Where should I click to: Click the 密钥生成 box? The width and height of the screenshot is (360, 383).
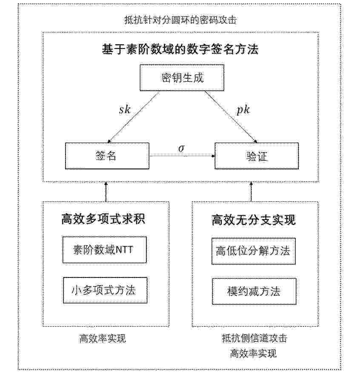coord(182,78)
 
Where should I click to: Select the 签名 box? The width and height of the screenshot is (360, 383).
coord(107,156)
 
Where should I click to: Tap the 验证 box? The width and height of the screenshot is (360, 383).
coord(257,156)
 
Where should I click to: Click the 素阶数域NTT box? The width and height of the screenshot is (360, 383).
coord(105,250)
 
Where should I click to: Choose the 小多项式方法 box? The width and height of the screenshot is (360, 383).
coord(105,290)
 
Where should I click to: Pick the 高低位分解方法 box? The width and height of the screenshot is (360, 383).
coord(254,251)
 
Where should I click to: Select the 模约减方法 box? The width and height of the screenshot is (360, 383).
coord(254,292)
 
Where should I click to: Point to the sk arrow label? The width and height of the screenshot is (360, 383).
coord(125,110)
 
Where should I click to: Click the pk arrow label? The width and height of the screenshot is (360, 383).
coord(243,110)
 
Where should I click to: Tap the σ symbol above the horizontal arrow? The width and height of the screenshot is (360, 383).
coord(181,148)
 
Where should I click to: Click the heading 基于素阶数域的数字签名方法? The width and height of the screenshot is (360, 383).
coord(180,49)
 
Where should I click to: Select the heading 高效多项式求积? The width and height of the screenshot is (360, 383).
coord(103,219)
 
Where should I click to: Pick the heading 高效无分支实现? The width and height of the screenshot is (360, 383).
coord(254,220)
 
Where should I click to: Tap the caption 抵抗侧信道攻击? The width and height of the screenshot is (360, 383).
coord(254,338)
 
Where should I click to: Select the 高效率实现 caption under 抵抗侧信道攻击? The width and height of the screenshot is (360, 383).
coord(253,353)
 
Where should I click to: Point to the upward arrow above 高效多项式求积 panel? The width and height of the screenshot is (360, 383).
coord(106,192)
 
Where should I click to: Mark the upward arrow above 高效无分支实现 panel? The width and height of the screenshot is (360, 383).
coord(251,192)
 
